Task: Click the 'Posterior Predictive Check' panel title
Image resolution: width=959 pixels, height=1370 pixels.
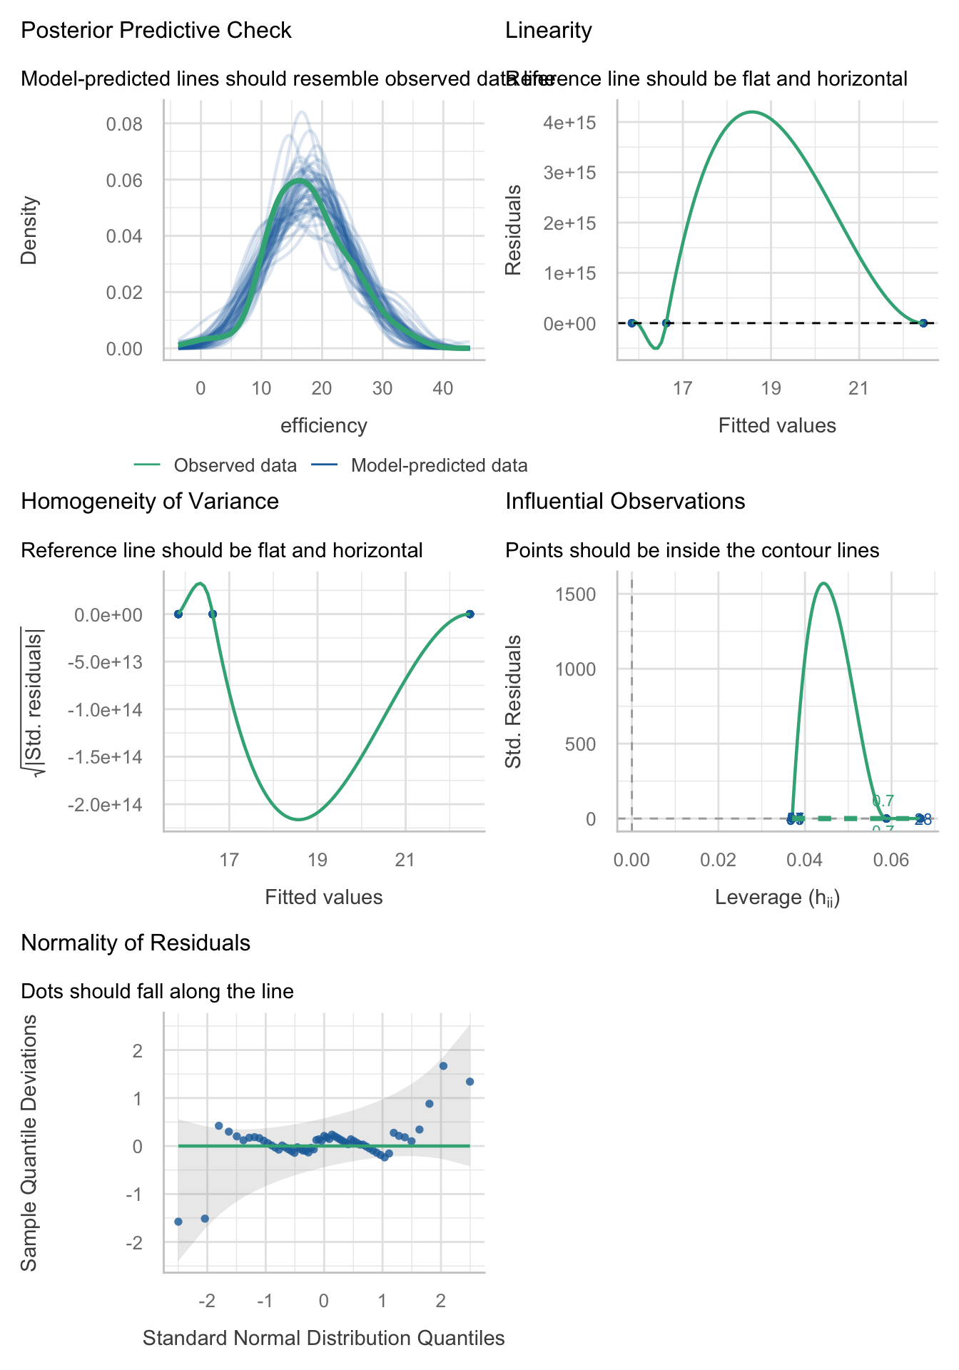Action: point(156,31)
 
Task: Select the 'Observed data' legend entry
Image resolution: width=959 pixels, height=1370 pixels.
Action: point(235,466)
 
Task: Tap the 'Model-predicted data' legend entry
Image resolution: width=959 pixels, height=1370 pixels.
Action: point(439,466)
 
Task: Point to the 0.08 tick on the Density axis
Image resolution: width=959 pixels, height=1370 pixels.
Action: point(124,125)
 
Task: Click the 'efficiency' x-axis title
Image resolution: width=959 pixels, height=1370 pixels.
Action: point(324,426)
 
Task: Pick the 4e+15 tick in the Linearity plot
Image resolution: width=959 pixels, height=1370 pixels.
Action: point(569,123)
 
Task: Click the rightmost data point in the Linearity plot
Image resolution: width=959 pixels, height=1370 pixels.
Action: point(923,323)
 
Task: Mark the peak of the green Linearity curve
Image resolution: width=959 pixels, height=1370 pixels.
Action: point(751,112)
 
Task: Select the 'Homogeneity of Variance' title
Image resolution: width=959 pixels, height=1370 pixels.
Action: point(150,502)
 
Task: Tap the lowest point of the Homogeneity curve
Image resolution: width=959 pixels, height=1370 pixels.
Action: point(299,818)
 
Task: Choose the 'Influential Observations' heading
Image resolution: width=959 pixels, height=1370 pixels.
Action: point(625,502)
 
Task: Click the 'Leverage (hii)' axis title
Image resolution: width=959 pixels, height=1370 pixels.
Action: point(777,898)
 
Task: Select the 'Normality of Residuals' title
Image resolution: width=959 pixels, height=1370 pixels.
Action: point(136,943)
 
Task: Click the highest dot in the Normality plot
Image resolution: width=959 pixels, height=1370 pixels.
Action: point(443,1065)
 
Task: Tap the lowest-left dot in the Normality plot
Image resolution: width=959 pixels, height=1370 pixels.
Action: point(178,1222)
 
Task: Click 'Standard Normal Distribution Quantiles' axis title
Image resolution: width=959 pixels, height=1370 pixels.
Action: point(324,1338)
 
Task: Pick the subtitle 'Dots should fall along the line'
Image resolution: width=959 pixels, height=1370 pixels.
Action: point(157,991)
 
